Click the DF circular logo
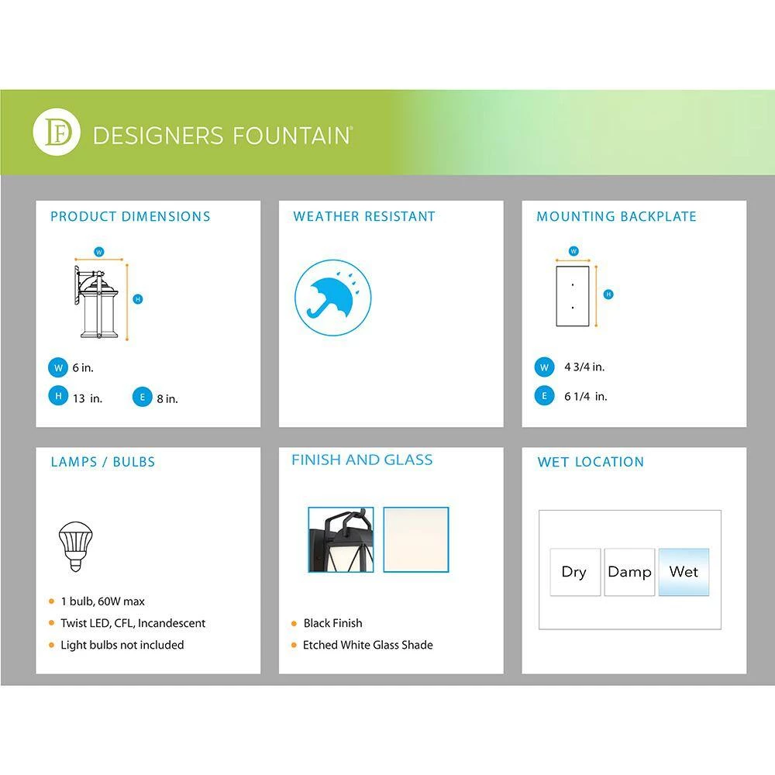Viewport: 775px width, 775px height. pyautogui.click(x=57, y=132)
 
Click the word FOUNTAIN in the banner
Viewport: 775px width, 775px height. pyautogui.click(x=291, y=136)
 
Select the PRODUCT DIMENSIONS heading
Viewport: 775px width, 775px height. pyautogui.click(x=130, y=216)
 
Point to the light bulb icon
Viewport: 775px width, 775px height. pyautogui.click(x=76, y=546)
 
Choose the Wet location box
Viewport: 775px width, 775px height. pyautogui.click(x=684, y=572)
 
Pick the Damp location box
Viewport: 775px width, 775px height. pyautogui.click(x=629, y=572)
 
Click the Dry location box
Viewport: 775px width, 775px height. pyautogui.click(x=575, y=572)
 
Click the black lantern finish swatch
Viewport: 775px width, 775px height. pyautogui.click(x=341, y=539)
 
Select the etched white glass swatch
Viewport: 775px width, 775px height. pyautogui.click(x=416, y=539)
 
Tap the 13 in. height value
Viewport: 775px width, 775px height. pyautogui.click(x=88, y=398)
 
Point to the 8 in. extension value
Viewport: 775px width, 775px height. pyautogui.click(x=167, y=399)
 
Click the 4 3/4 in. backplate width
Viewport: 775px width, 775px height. pyautogui.click(x=584, y=367)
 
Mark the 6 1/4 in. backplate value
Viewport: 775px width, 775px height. pyautogui.click(x=586, y=396)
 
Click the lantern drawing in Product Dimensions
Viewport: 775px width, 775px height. pyautogui.click(x=97, y=302)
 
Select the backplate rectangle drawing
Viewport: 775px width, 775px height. pyautogui.click(x=573, y=296)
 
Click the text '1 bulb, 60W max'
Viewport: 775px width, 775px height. pyautogui.click(x=103, y=601)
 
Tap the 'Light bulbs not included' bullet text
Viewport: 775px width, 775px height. pyautogui.click(x=122, y=645)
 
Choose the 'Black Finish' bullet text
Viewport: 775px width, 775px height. pyautogui.click(x=332, y=623)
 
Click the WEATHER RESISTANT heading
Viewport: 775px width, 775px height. pyautogui.click(x=364, y=216)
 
